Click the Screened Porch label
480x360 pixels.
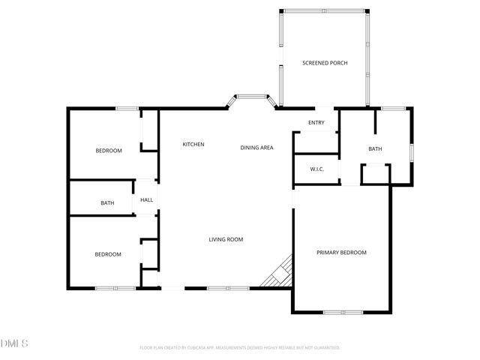click(324, 63)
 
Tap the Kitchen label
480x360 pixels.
click(193, 144)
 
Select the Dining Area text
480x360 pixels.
click(256, 148)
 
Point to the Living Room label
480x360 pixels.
click(226, 239)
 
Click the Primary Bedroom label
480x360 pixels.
click(341, 253)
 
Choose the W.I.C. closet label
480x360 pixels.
click(316, 169)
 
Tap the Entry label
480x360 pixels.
click(316, 123)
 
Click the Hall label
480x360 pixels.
click(147, 199)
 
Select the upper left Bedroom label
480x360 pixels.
click(109, 151)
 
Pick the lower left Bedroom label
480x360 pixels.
click(108, 254)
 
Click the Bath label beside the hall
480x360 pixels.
click(107, 202)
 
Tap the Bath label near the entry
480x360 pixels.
click(375, 148)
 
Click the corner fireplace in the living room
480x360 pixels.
click(277, 273)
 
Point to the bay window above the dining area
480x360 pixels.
click(253, 97)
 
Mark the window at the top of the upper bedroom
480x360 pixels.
click(127, 109)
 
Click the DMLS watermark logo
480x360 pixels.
click(14, 343)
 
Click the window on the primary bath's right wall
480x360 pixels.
click(411, 151)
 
